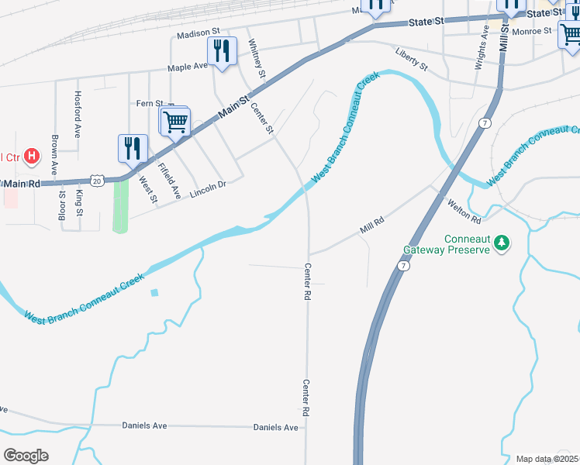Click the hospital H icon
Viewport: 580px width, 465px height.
[32, 157]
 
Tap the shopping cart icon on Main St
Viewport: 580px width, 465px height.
[176, 121]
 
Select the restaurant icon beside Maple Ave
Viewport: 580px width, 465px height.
[223, 51]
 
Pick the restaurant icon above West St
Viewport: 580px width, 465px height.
[133, 147]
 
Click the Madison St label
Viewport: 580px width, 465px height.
[199, 34]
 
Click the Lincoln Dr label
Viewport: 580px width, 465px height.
[207, 185]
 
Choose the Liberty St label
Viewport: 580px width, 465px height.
[411, 59]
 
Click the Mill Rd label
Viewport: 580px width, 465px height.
[372, 226]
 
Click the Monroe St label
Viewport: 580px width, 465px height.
[532, 31]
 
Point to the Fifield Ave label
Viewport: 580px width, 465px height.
[168, 180]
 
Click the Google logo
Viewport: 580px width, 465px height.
[26, 456]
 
